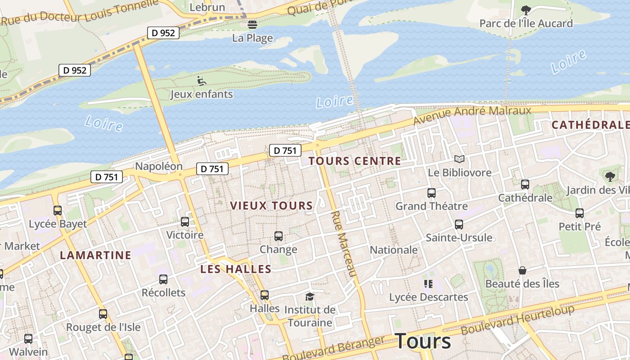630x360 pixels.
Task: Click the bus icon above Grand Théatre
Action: click(x=431, y=193)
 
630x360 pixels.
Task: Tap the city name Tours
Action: click(x=423, y=341)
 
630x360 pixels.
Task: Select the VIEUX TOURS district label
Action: click(x=271, y=206)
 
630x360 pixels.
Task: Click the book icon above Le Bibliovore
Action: click(x=459, y=159)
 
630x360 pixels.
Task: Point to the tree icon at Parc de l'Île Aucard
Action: click(x=526, y=10)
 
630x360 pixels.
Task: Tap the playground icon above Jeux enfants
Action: click(x=202, y=81)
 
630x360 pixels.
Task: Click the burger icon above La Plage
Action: click(x=252, y=24)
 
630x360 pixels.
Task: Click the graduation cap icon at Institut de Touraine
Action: click(x=309, y=297)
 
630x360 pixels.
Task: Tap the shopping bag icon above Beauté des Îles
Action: click(x=522, y=270)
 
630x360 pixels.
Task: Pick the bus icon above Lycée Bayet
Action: click(x=58, y=210)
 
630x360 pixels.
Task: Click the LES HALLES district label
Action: click(x=236, y=269)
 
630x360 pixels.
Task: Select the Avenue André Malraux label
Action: click(x=472, y=115)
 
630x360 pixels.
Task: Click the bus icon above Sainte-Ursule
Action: click(x=459, y=224)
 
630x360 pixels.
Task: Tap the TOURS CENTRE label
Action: click(x=355, y=161)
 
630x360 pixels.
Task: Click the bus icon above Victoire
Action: click(x=184, y=221)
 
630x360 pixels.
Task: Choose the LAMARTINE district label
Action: click(x=95, y=255)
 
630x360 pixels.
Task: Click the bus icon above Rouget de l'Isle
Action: click(x=103, y=314)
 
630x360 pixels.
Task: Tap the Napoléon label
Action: click(x=159, y=166)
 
